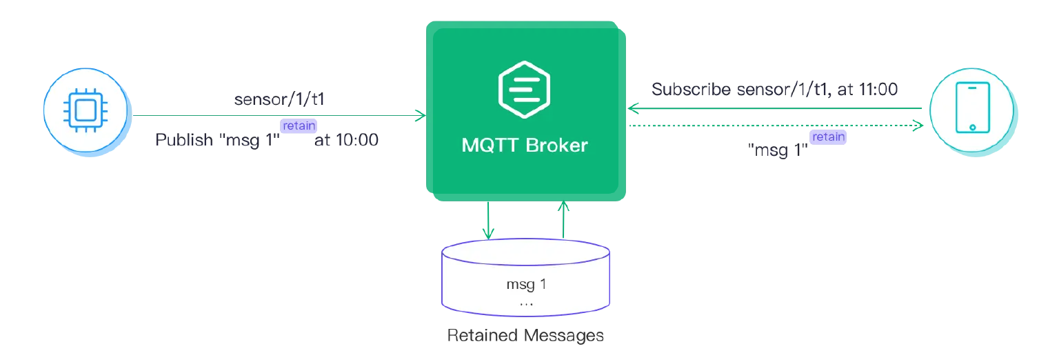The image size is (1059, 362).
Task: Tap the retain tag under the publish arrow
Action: [299, 125]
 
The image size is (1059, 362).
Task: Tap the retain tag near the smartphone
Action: [828, 137]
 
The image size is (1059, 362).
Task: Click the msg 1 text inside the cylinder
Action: [526, 285]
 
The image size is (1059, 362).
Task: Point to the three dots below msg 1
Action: [526, 303]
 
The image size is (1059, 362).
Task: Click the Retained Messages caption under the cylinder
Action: [526, 336]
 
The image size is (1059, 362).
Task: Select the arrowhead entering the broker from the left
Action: [419, 114]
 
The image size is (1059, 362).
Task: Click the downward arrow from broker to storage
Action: [488, 221]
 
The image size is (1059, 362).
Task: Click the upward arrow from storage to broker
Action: [565, 221]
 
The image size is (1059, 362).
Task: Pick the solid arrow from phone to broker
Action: [772, 108]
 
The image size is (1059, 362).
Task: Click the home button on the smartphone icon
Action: [971, 128]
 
